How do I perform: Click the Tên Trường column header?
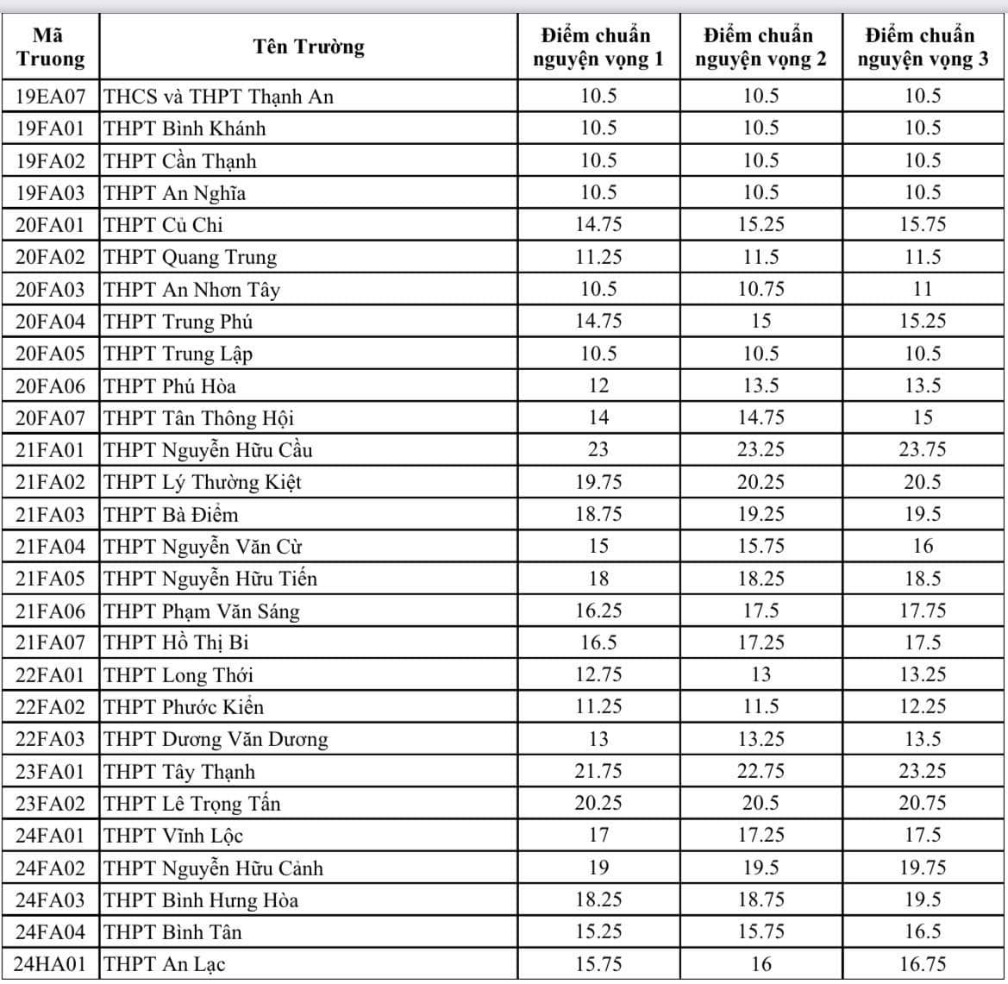pos(309,47)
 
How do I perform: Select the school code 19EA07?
pos(51,97)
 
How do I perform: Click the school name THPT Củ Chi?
pos(163,225)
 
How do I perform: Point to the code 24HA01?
pos(51,964)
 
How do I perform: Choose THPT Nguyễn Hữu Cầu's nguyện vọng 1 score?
pos(598,449)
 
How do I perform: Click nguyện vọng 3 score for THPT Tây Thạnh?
pos(923,771)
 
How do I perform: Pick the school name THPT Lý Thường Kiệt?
pos(203,482)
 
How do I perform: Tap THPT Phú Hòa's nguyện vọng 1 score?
pos(598,385)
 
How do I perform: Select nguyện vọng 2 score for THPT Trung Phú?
pos(761,321)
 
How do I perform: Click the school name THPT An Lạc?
pos(165,964)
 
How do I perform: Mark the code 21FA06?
pos(51,611)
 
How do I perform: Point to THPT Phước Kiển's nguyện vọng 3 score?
pos(923,707)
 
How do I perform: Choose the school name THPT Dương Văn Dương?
pos(216,739)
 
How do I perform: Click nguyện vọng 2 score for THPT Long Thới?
pos(761,674)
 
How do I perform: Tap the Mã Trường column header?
pos(51,47)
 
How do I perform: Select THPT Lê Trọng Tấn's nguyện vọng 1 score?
pos(598,803)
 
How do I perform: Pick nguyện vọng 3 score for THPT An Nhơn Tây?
pos(923,289)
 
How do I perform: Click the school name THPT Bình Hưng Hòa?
pos(201,900)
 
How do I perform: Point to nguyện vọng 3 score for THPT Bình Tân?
pos(923,932)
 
